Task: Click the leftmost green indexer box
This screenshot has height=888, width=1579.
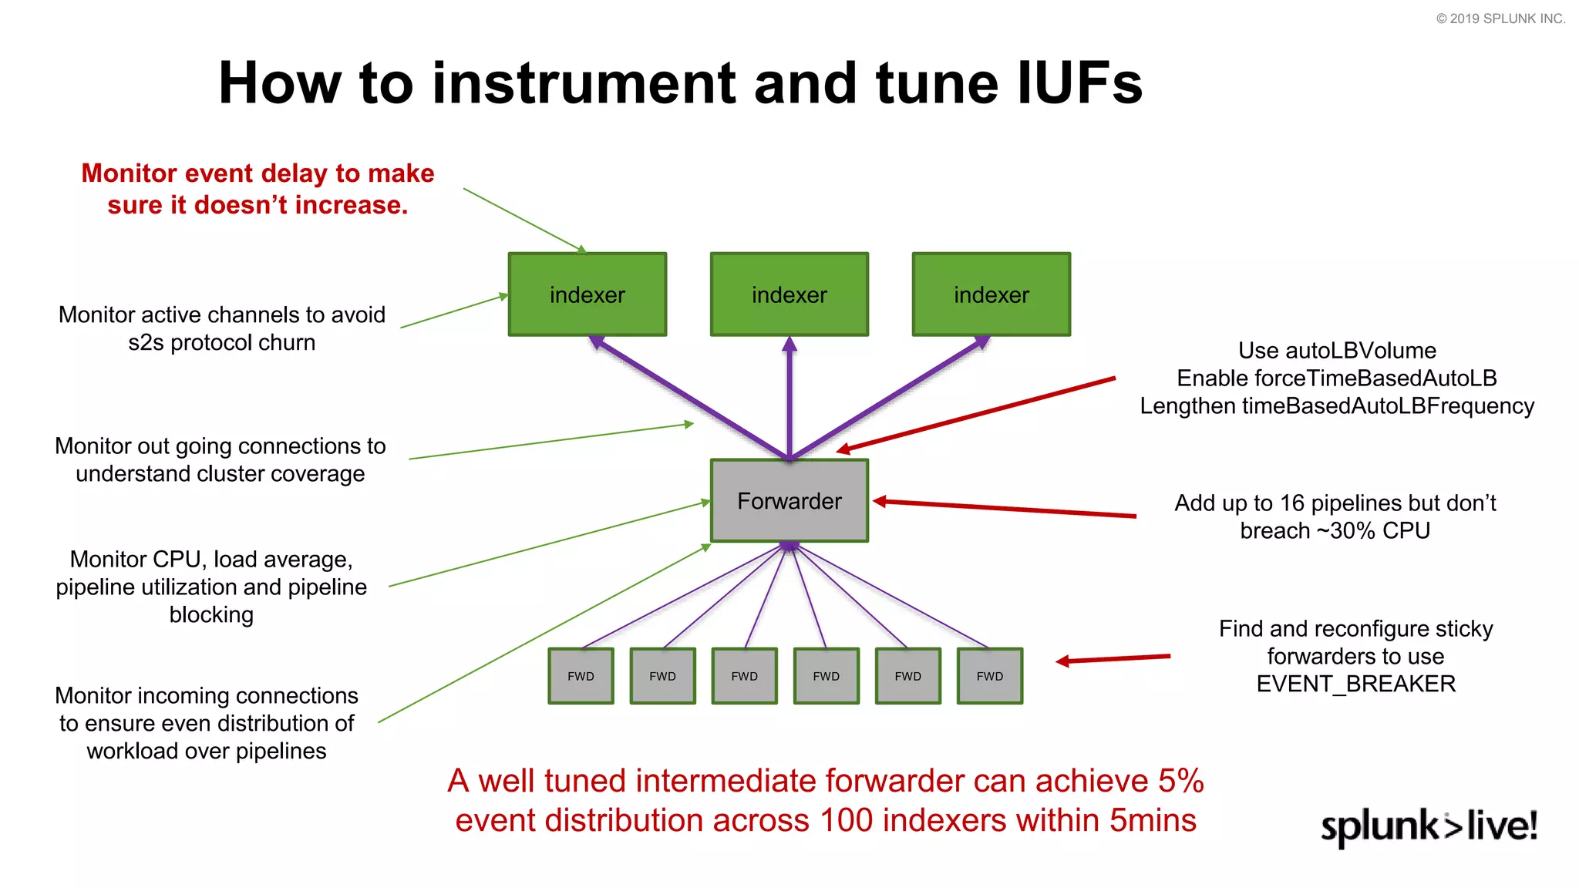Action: tap(587, 294)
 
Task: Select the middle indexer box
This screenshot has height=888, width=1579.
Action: tap(789, 294)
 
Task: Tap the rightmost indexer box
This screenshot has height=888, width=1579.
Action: tap(991, 294)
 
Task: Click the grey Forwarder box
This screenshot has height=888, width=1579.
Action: tap(789, 501)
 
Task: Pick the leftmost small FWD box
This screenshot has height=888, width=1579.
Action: tap(581, 676)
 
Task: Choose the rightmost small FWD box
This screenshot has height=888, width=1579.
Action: tap(989, 676)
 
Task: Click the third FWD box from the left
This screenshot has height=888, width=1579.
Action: tap(744, 676)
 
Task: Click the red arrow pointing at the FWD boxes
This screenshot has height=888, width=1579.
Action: tap(1114, 659)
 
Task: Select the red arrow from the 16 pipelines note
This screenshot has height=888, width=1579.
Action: tap(1002, 509)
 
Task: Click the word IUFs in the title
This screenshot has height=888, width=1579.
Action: tap(1079, 83)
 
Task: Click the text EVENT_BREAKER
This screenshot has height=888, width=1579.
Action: tap(1355, 684)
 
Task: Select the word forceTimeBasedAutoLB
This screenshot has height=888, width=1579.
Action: tap(1375, 378)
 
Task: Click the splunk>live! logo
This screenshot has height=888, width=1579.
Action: tap(1428, 826)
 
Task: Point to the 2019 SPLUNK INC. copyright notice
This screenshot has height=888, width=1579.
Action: tap(1500, 18)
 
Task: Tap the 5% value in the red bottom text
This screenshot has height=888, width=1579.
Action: tap(1180, 781)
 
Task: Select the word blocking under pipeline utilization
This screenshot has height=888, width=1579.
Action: tap(211, 615)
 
